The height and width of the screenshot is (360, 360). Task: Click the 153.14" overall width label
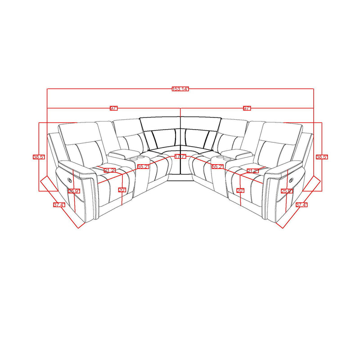click(x=180, y=89)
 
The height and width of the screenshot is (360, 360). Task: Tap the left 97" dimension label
click(x=113, y=108)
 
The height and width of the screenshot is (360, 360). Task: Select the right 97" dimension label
click(x=247, y=108)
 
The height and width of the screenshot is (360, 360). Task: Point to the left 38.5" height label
click(x=38, y=157)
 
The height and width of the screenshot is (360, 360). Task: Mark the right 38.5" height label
click(x=322, y=157)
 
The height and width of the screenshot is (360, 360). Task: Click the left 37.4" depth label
click(x=58, y=205)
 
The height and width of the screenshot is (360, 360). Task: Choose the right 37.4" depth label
click(x=301, y=205)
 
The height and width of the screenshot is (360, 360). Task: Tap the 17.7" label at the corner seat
click(x=180, y=156)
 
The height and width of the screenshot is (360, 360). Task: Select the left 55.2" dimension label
click(x=143, y=166)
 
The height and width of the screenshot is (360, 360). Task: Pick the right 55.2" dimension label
click(x=217, y=166)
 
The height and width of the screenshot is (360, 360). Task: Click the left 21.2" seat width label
click(x=109, y=171)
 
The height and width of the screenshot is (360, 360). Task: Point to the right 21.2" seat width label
click(x=252, y=171)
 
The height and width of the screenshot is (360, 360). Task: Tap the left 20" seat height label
click(x=122, y=190)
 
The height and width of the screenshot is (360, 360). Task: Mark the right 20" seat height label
click(x=240, y=190)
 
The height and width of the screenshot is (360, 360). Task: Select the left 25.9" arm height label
click(x=73, y=191)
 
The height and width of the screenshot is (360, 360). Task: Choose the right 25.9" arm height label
click(x=287, y=191)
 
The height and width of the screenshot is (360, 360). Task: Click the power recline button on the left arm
click(x=68, y=179)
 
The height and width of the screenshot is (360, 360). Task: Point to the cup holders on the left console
click(x=137, y=158)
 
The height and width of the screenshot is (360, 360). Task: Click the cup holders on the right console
click(x=223, y=158)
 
